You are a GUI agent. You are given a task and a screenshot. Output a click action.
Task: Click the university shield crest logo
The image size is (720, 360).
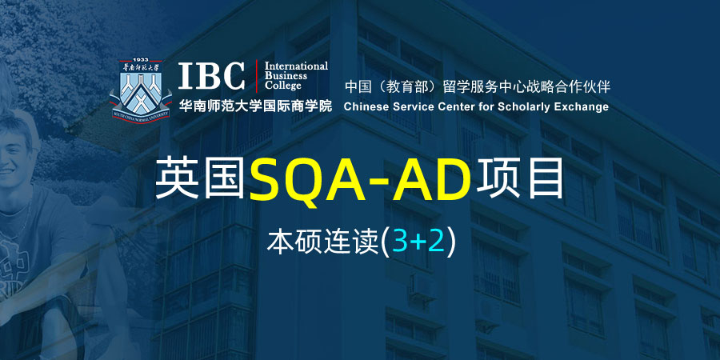click(x=140, y=91)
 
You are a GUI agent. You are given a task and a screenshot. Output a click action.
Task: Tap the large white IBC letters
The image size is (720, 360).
click(x=212, y=76)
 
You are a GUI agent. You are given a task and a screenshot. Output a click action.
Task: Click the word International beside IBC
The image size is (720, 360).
click(x=296, y=66)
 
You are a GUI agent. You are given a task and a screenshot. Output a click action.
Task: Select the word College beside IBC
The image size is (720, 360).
click(x=283, y=86)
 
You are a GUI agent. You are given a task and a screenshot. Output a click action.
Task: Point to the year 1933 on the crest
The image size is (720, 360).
click(x=141, y=60)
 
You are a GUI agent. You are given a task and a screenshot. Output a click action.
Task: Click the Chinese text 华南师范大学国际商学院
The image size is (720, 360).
click(x=255, y=106)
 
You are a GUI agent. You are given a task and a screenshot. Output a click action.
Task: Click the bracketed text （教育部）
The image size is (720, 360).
click(x=406, y=86)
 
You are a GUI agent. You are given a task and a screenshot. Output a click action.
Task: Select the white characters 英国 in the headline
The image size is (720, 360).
click(x=200, y=178)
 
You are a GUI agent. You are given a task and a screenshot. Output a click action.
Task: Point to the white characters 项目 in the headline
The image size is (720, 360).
click(x=520, y=178)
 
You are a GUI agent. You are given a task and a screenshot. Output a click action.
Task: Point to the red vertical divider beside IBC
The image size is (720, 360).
click(x=256, y=77)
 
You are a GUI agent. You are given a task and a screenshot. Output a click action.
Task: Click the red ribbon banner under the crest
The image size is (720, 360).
click(x=140, y=116)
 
